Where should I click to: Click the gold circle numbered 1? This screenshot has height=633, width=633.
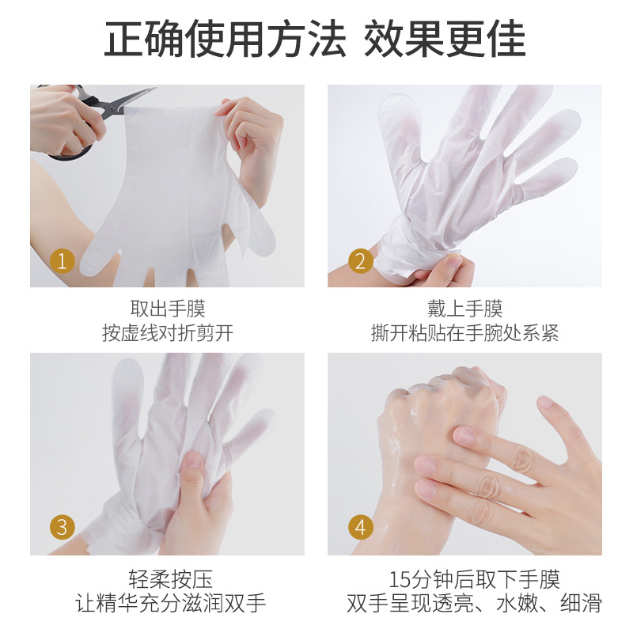coord(63,261)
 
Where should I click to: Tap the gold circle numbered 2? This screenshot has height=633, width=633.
coord(361,261)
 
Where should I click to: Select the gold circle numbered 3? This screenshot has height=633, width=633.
coord(63,527)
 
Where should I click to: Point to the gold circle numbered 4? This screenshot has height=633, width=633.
coord(361,527)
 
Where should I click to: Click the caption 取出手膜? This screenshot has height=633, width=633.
coord(168,309)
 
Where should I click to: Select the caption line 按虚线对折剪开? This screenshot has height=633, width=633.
coord(168,333)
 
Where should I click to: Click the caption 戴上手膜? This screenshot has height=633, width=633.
coord(465,309)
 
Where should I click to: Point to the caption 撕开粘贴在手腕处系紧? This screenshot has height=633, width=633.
coord(465,333)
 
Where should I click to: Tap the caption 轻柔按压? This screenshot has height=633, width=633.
coord(170,579)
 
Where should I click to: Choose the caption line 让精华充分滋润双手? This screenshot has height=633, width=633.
coord(170,603)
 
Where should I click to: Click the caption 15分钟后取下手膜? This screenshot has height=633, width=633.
coord(474,579)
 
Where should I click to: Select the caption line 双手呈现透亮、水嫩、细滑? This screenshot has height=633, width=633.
coord(474,603)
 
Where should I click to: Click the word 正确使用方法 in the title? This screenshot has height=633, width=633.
coord(225,39)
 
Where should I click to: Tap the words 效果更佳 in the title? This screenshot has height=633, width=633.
coord(445,39)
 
